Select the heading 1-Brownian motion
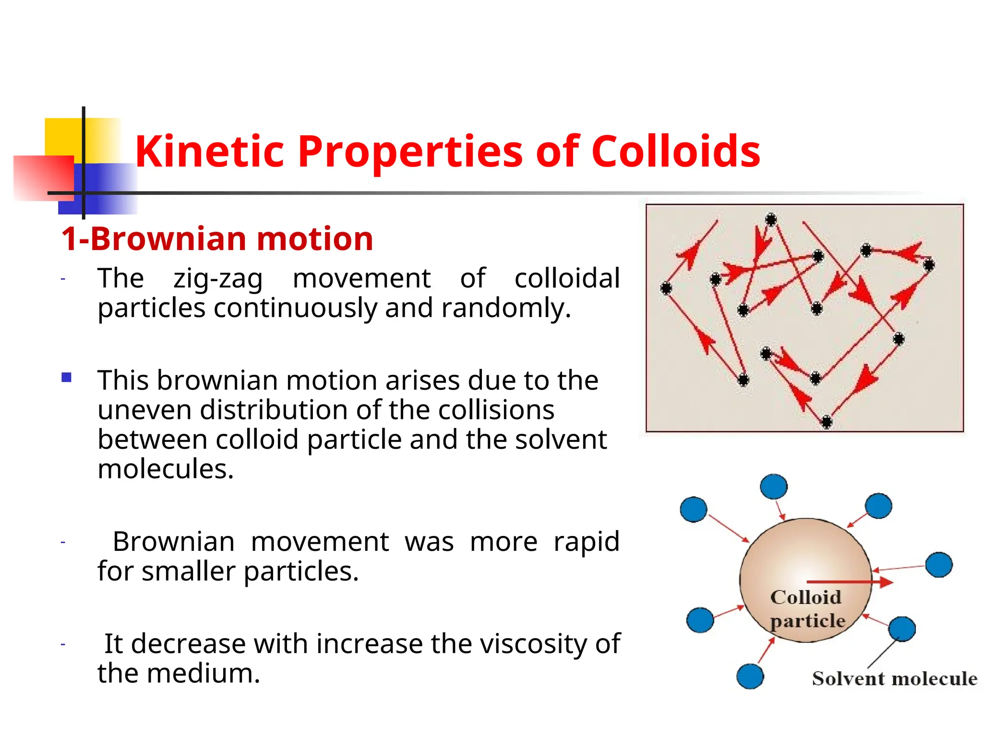point(217,239)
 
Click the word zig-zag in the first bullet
point(218,279)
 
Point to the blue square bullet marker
point(67,378)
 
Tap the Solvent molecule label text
point(894,679)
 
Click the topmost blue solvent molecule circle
point(774,487)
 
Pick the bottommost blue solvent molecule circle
point(750,677)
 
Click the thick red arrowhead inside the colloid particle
point(886,582)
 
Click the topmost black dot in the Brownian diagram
point(771,220)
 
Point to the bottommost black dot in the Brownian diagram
point(826,422)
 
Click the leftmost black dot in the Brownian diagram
point(666,288)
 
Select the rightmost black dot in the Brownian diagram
point(929,264)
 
